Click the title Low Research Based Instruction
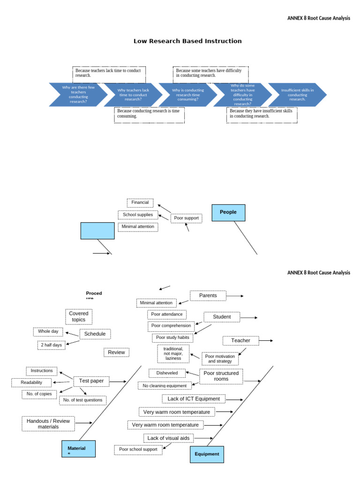[187, 41]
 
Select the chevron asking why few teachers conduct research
[78, 95]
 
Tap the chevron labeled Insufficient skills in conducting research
[297, 95]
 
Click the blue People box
[228, 212]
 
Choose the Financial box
[140, 203]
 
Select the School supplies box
[138, 215]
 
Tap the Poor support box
[186, 218]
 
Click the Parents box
[208, 296]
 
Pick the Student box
[222, 317]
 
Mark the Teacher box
[240, 341]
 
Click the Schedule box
[95, 334]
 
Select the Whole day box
[48, 331]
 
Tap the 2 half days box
[51, 345]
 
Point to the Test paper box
[91, 381]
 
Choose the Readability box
[31, 382]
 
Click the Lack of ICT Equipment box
[194, 399]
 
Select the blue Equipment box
[207, 454]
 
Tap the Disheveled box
[167, 373]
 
